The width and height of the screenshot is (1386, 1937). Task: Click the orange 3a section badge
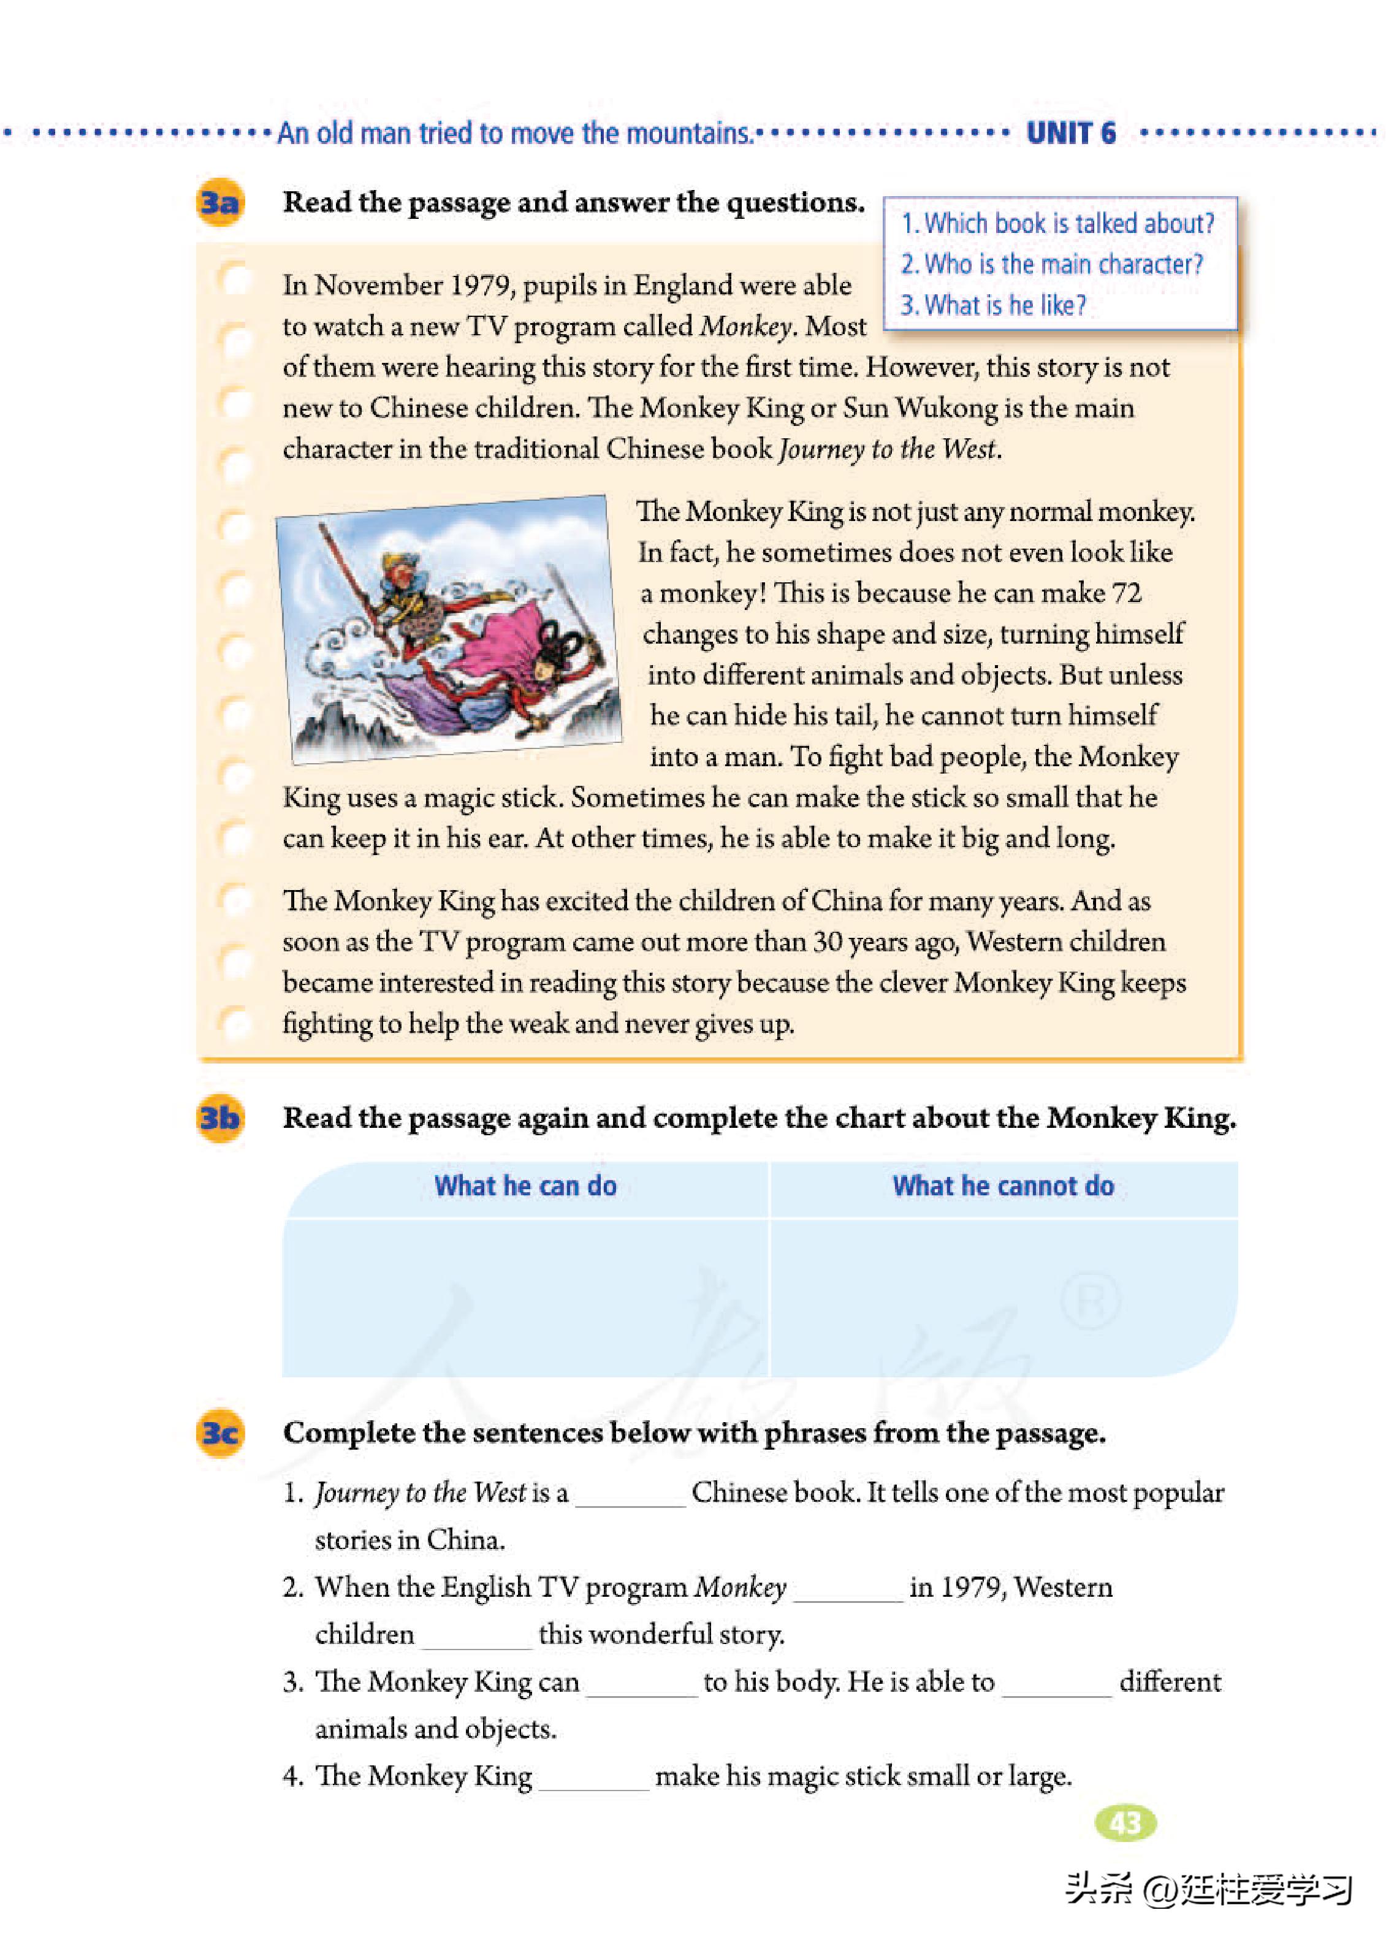click(219, 203)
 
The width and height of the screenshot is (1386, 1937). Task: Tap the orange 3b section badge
click(219, 1118)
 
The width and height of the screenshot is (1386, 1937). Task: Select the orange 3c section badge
click(219, 1433)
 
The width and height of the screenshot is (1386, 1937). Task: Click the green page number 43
click(1125, 1824)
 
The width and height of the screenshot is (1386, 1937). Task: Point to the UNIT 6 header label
click(1070, 133)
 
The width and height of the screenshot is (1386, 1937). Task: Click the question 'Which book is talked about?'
click(1057, 224)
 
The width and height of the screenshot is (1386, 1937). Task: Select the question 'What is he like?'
click(994, 305)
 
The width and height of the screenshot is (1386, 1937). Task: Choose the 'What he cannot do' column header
click(1003, 1186)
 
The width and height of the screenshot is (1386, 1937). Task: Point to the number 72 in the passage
click(1127, 593)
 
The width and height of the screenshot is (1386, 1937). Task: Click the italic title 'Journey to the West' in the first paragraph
click(887, 449)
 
